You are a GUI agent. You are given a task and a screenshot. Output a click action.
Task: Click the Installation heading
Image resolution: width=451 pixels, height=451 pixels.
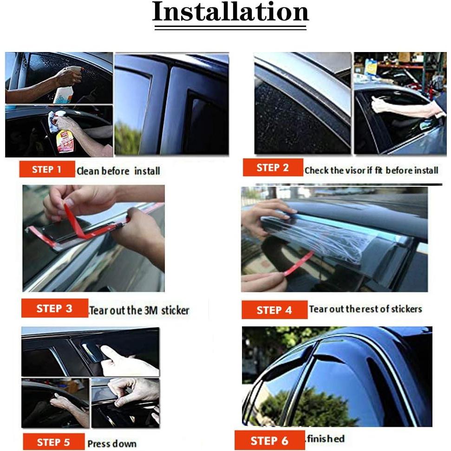230,13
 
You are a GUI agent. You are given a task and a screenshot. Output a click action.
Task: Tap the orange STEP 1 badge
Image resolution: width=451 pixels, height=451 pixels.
47,170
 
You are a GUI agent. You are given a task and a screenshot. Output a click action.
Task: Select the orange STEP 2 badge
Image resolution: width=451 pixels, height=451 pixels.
273,168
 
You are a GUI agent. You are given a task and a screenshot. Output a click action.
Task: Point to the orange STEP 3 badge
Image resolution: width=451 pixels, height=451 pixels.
54,308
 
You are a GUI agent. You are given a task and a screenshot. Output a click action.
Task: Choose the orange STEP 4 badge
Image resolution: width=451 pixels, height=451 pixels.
274,310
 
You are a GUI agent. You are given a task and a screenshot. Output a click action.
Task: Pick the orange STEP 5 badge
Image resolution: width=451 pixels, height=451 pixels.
53,442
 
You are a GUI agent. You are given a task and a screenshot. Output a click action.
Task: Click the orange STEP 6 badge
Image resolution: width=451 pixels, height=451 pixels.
269,440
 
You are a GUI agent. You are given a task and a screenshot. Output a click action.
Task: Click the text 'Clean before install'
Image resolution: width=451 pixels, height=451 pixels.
118,171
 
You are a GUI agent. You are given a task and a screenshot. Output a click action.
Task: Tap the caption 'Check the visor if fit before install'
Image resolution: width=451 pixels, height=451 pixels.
371,170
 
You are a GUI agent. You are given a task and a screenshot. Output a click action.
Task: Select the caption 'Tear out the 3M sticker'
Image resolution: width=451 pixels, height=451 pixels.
139,310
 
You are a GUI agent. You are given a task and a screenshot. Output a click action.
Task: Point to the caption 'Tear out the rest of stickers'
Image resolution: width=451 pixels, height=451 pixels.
366,309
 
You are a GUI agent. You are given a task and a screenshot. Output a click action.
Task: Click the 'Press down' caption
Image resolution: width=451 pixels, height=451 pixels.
112,444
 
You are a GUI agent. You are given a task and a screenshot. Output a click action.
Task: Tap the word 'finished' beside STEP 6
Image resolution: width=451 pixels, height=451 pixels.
325,438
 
